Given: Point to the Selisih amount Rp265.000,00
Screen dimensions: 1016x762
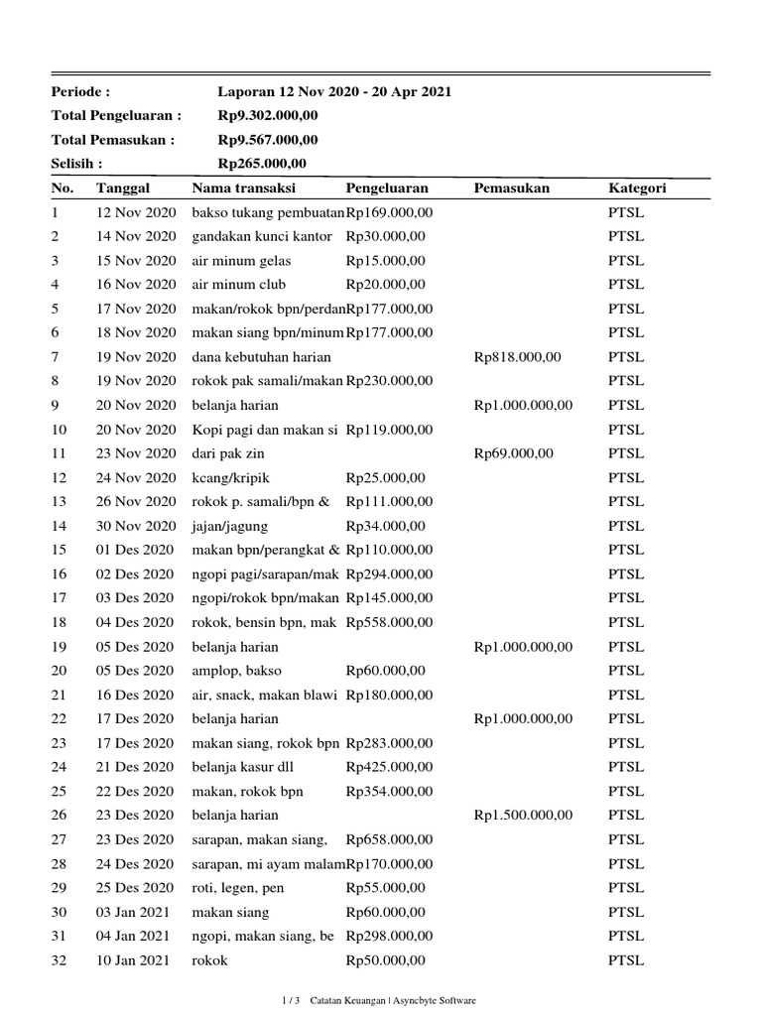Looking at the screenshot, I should [262, 164].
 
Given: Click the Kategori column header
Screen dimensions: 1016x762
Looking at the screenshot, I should [637, 189].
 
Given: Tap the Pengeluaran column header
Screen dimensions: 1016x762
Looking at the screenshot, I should [387, 189].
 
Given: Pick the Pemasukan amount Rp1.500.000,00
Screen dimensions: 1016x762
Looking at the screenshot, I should [523, 816].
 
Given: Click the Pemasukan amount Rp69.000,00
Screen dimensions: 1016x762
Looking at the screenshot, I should [514, 453].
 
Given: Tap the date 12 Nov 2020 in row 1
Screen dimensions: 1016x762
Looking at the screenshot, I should [135, 212].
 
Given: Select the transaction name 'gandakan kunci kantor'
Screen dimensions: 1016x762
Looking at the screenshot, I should [262, 236].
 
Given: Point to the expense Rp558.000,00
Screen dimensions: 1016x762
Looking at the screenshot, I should [389, 622].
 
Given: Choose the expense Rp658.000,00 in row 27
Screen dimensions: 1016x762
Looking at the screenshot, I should [389, 839].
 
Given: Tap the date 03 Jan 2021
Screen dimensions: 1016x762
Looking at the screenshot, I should [133, 912].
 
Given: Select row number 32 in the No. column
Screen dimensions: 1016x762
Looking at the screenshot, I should [59, 960].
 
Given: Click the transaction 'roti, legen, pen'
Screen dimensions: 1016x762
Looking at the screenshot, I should [237, 888].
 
